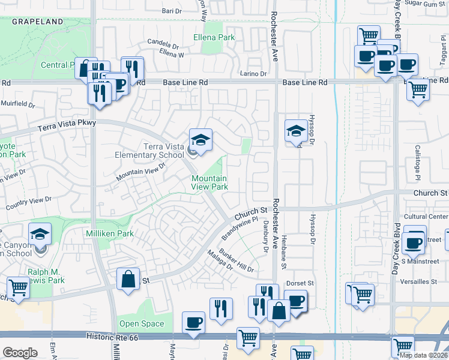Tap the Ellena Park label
click(x=214, y=37)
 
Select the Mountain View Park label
click(x=209, y=182)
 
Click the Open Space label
click(x=141, y=324)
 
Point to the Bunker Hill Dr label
click(x=237, y=262)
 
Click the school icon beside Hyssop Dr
click(x=295, y=133)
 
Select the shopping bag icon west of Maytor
click(x=128, y=279)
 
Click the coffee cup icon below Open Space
click(x=193, y=323)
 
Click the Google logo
click(x=20, y=353)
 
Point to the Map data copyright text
click(x=423, y=355)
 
